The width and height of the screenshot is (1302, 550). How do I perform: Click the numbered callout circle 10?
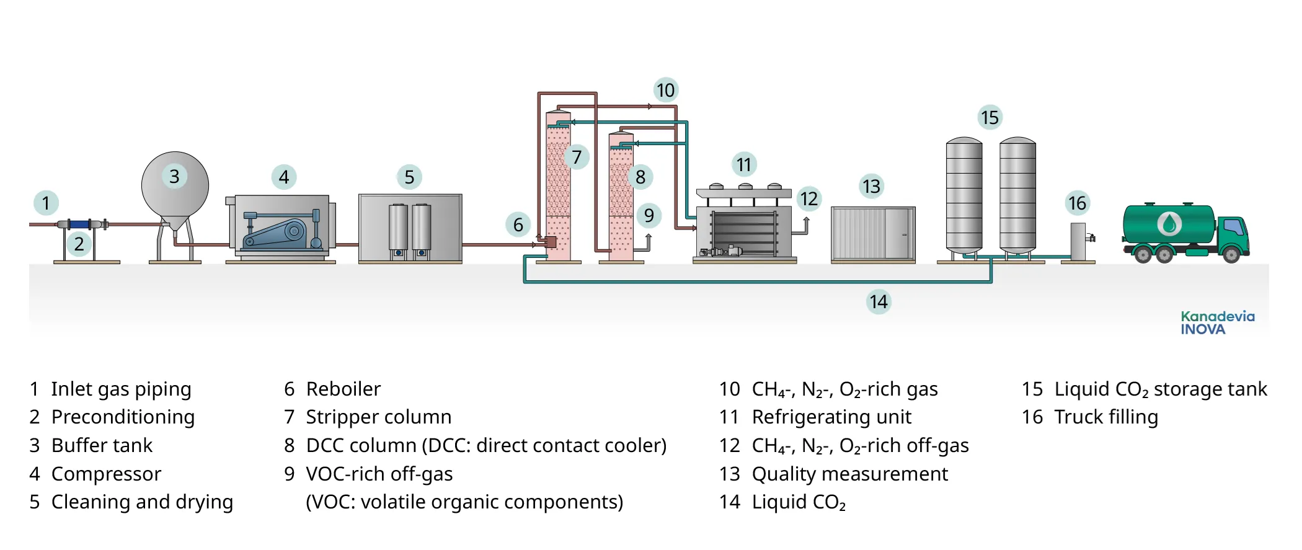click(x=665, y=91)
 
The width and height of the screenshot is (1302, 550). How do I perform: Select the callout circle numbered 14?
click(x=878, y=302)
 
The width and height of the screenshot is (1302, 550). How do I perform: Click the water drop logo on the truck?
click(x=1169, y=223)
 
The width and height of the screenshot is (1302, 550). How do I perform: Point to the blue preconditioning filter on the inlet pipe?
click(x=79, y=224)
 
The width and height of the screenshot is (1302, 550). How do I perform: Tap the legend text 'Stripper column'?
click(x=378, y=417)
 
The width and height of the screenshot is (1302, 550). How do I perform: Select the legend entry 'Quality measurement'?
click(x=849, y=474)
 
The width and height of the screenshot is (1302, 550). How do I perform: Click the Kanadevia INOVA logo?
click(x=1217, y=323)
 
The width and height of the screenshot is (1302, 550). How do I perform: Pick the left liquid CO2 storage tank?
click(x=963, y=195)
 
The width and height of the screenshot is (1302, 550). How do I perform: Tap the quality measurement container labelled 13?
click(x=872, y=233)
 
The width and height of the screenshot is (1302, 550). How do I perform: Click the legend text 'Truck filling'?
click(x=1105, y=417)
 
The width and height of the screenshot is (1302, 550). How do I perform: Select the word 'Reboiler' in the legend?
click(x=343, y=389)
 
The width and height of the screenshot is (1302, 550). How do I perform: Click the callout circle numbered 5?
click(x=409, y=177)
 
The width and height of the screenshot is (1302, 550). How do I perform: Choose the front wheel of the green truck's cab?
click(x=1231, y=254)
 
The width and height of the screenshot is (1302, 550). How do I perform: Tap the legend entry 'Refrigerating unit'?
click(x=831, y=417)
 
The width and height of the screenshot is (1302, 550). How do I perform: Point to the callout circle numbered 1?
click(x=46, y=203)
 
